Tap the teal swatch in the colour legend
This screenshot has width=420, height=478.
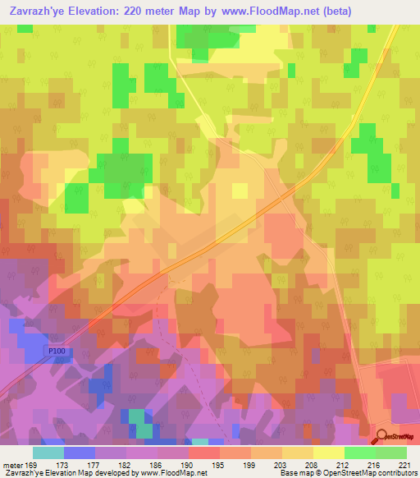pyautogui.click(x=48, y=452)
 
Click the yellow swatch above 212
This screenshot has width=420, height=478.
pyautogui.click(x=328, y=452)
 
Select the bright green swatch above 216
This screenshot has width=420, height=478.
pyautogui.click(x=359, y=452)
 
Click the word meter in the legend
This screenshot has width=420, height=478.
pyautogui.click(x=13, y=464)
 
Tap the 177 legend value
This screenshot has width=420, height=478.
pyautogui.click(x=94, y=464)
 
